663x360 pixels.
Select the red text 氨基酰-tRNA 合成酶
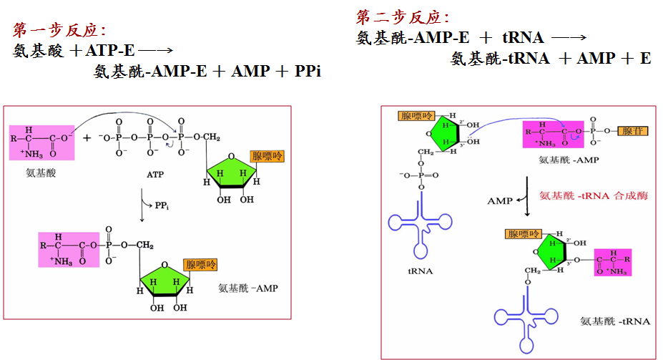594,195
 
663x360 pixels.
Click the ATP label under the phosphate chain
155,174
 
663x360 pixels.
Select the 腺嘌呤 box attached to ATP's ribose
266,157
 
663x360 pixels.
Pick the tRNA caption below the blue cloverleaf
418,271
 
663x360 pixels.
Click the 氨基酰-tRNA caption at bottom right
615,321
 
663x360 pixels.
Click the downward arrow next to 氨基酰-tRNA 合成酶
527,202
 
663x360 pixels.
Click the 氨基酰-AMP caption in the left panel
247,289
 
